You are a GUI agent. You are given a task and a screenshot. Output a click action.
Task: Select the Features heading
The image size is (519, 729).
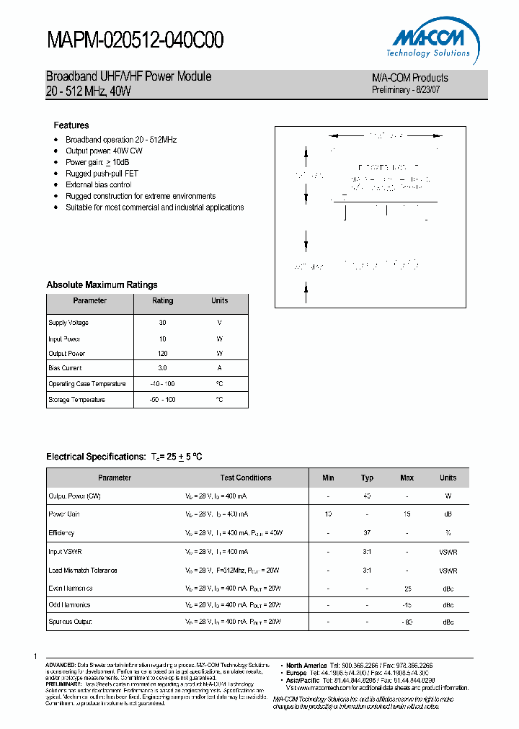pos(71,125)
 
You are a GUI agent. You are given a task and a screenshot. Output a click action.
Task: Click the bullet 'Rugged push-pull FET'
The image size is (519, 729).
pos(102,174)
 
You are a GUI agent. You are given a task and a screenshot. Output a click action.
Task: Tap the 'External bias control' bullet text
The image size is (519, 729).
pos(99,185)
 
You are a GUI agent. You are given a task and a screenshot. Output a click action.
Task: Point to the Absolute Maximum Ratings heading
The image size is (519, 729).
pos(102,285)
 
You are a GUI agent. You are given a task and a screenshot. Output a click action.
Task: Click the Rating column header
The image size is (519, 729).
pos(163,301)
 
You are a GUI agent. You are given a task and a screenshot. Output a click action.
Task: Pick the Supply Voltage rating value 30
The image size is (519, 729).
pos(163,323)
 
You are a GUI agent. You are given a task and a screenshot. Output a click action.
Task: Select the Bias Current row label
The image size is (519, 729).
pos(65,368)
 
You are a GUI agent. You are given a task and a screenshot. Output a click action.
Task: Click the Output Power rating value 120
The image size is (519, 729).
pos(163,354)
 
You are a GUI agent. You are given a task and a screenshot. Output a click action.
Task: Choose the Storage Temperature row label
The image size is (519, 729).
pos(76,400)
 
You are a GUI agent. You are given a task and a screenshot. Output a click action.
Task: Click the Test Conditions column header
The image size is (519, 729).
pos(246,478)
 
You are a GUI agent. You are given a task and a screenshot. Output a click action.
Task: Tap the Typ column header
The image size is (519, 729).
pos(368,478)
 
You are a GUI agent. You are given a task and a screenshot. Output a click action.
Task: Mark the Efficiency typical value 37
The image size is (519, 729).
pos(368,533)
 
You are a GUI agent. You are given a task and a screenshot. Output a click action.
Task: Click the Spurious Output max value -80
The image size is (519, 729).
pos(407,622)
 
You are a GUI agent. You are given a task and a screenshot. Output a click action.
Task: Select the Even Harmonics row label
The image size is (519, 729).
pos(70,588)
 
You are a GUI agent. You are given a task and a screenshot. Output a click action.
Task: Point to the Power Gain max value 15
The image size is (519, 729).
pos(407,514)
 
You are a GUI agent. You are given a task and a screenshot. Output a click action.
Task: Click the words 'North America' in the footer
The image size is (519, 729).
pos(307,665)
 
